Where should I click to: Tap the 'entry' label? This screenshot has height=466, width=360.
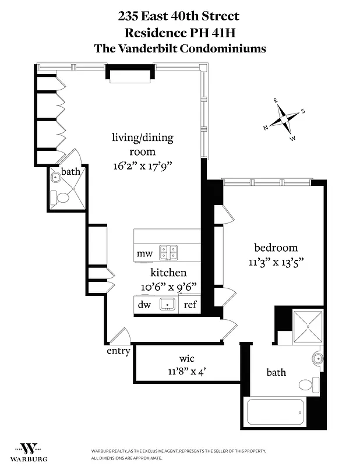(x=118, y=351)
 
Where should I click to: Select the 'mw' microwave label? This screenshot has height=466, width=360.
(x=144, y=254)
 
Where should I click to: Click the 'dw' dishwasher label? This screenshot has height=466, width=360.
(x=144, y=304)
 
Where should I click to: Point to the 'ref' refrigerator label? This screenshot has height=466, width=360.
(x=190, y=305)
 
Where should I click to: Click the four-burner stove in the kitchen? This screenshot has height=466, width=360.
(x=169, y=252)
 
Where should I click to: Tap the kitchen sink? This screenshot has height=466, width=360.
(x=168, y=303)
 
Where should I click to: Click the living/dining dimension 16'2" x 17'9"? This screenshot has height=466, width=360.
(x=143, y=165)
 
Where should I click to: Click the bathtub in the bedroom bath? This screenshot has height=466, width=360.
(x=276, y=412)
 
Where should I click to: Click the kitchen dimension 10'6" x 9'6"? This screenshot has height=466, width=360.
(x=168, y=287)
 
